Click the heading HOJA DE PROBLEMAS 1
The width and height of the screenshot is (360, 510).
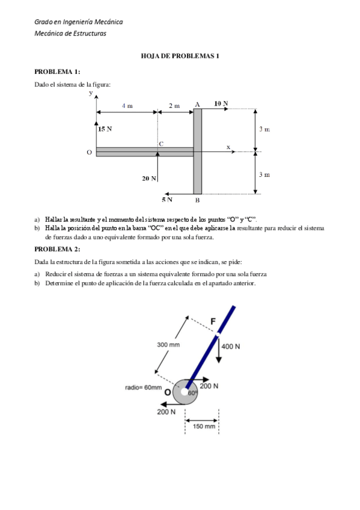click(x=180, y=56)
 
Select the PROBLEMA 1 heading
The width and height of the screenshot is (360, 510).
click(x=57, y=72)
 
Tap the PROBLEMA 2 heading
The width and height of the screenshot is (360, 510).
click(x=57, y=248)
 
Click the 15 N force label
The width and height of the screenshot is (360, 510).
click(x=105, y=129)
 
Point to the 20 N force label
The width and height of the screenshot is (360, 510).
click(x=149, y=179)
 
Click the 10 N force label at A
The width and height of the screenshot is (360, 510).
click(x=221, y=103)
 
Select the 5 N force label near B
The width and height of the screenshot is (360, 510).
click(x=166, y=199)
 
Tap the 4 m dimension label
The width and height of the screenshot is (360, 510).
click(x=127, y=106)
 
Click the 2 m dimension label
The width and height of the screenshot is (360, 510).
click(x=174, y=106)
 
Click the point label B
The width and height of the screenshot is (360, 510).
click(x=197, y=200)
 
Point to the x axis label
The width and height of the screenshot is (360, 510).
click(x=228, y=146)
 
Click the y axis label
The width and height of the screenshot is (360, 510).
click(x=91, y=93)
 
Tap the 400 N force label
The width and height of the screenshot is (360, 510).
click(x=230, y=346)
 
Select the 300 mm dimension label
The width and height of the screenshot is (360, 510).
click(x=168, y=345)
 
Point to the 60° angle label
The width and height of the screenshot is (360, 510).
click(x=192, y=393)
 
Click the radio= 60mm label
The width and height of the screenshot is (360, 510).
click(x=143, y=388)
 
